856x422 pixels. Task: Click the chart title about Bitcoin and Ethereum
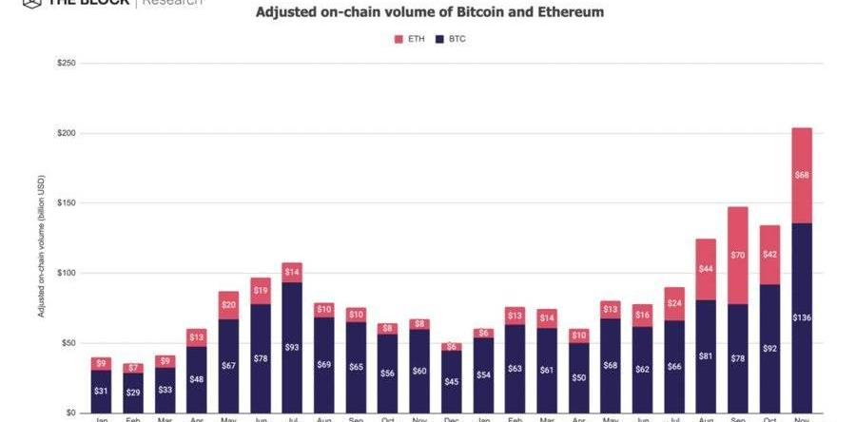click(x=429, y=13)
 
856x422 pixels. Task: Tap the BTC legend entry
click(x=452, y=39)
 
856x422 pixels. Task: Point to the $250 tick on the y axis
click(x=67, y=63)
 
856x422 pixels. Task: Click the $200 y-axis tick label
click(x=67, y=133)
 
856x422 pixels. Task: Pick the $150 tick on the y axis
click(x=67, y=203)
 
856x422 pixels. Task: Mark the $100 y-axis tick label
click(x=67, y=274)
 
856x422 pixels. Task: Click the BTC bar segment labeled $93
click(x=292, y=347)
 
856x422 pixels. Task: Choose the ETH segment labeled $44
click(x=706, y=269)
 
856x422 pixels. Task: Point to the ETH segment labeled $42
click(x=769, y=255)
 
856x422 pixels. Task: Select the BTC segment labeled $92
click(x=769, y=348)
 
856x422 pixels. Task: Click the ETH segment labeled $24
click(x=674, y=303)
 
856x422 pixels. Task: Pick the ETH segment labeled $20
click(x=228, y=305)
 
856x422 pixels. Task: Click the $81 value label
click(x=706, y=356)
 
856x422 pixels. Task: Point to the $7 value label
click(x=132, y=368)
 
